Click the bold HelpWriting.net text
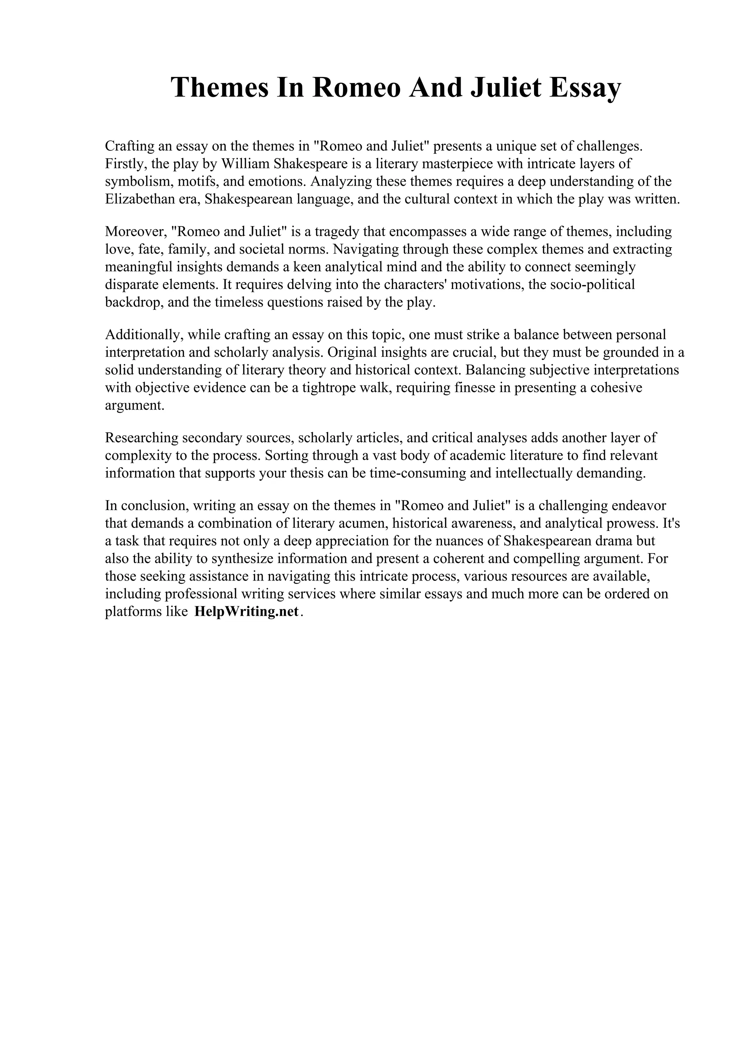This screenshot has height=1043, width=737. click(247, 611)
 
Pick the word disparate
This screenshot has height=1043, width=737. click(132, 284)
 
